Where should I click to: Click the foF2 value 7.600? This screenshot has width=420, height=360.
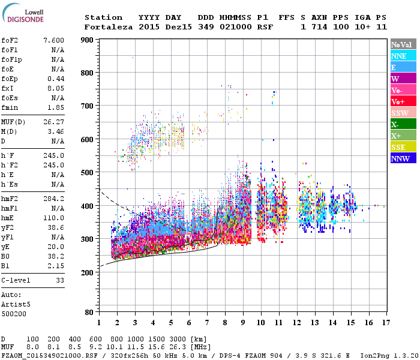pos(54,40)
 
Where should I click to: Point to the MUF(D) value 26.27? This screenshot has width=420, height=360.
pos(54,122)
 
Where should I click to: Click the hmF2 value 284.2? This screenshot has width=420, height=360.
pos(54,198)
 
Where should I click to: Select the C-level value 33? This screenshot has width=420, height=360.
pos(60,280)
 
